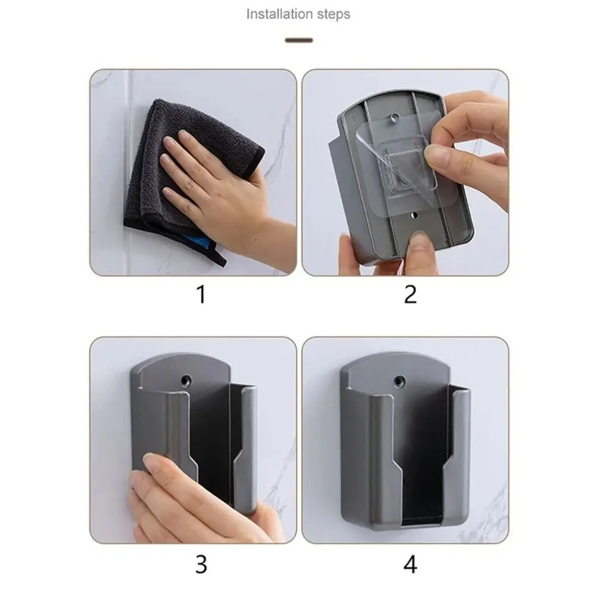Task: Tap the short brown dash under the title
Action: coord(299,41)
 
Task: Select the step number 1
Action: coord(201,294)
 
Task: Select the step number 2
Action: coord(410,294)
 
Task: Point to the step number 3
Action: coord(201,564)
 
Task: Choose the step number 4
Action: coord(410,564)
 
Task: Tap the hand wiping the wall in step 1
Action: coord(215,185)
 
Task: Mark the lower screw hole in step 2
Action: coord(413,213)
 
